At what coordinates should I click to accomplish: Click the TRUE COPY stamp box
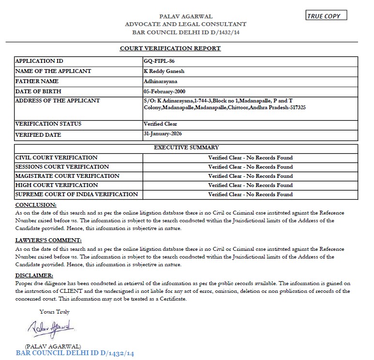tap(327, 16)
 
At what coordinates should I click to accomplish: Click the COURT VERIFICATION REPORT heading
tap(170, 48)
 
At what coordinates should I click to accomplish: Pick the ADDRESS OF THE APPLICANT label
tap(58, 101)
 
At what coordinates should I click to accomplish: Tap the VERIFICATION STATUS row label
tap(48, 124)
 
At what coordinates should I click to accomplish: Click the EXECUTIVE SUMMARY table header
tap(186, 147)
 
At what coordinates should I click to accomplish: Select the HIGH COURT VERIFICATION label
tap(57, 185)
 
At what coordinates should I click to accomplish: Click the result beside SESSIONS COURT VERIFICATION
tap(250, 167)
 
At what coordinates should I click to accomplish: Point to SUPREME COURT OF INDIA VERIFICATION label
tap(76, 194)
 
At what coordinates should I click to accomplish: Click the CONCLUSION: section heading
tap(36, 205)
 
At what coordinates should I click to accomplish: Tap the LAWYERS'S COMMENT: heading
tap(48, 240)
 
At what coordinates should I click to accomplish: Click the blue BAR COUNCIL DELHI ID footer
tap(75, 353)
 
